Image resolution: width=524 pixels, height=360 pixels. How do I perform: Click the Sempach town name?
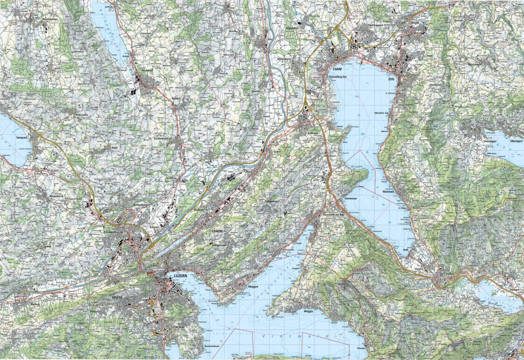pyautogui.click(x=21, y=137)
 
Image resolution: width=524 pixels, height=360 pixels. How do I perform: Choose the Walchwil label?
pyautogui.click(x=389, y=192)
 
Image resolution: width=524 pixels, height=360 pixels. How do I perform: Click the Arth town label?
pyautogui.click(x=405, y=250)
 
